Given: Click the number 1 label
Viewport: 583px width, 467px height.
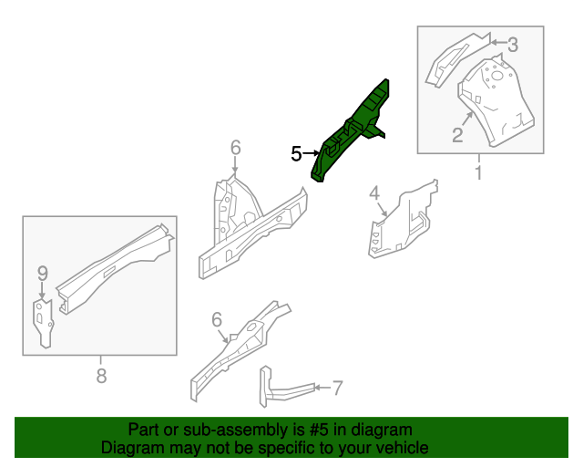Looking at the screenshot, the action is click(x=477, y=171).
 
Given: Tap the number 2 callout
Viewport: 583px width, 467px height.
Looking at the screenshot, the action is click(x=457, y=136).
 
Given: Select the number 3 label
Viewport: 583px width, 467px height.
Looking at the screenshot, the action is click(x=513, y=44).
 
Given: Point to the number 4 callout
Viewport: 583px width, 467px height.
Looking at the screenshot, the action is click(x=373, y=192).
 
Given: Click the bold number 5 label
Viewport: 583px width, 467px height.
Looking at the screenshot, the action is click(x=296, y=154).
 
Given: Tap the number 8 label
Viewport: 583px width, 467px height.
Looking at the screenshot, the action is click(x=101, y=374).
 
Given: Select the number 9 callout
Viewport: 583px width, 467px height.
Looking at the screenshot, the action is click(x=42, y=272).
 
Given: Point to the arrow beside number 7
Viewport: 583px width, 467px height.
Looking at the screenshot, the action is click(x=319, y=389).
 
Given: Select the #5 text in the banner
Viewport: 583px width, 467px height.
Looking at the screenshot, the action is click(x=318, y=430).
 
